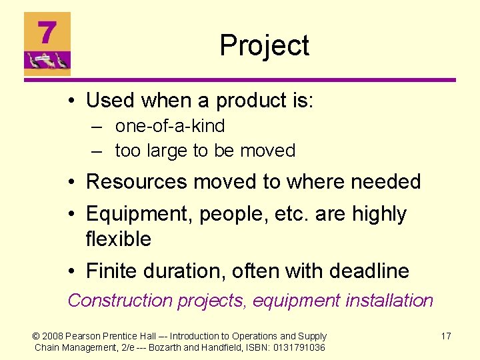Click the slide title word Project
pos(264,45)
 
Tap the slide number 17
pos(445,336)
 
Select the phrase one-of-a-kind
pos(170,126)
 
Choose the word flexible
pos(119,239)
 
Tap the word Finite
pos(111,271)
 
